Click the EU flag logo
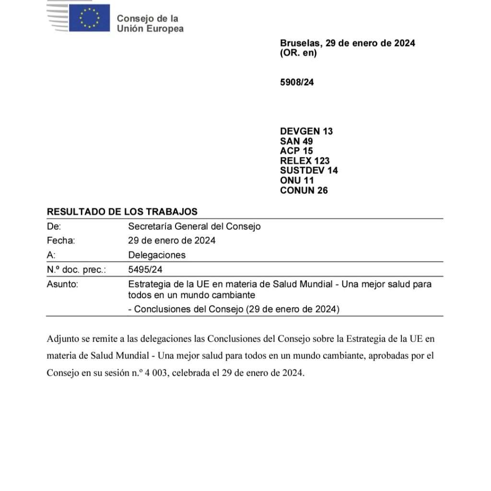[89, 18]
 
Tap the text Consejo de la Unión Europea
[150, 23]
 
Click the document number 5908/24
[297, 82]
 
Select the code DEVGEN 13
[306, 131]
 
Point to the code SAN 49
[296, 141]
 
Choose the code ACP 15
[296, 151]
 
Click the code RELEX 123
[304, 161]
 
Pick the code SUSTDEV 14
[309, 170]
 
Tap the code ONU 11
[297, 180]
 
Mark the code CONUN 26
[304, 190]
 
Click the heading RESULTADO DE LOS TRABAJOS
[122, 211]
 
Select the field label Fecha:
[61, 240]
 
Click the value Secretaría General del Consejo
[194, 226]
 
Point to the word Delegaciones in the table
[157, 255]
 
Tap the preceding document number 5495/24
[142, 269]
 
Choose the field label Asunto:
[62, 284]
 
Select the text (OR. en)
[298, 53]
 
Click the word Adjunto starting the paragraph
[63, 339]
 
